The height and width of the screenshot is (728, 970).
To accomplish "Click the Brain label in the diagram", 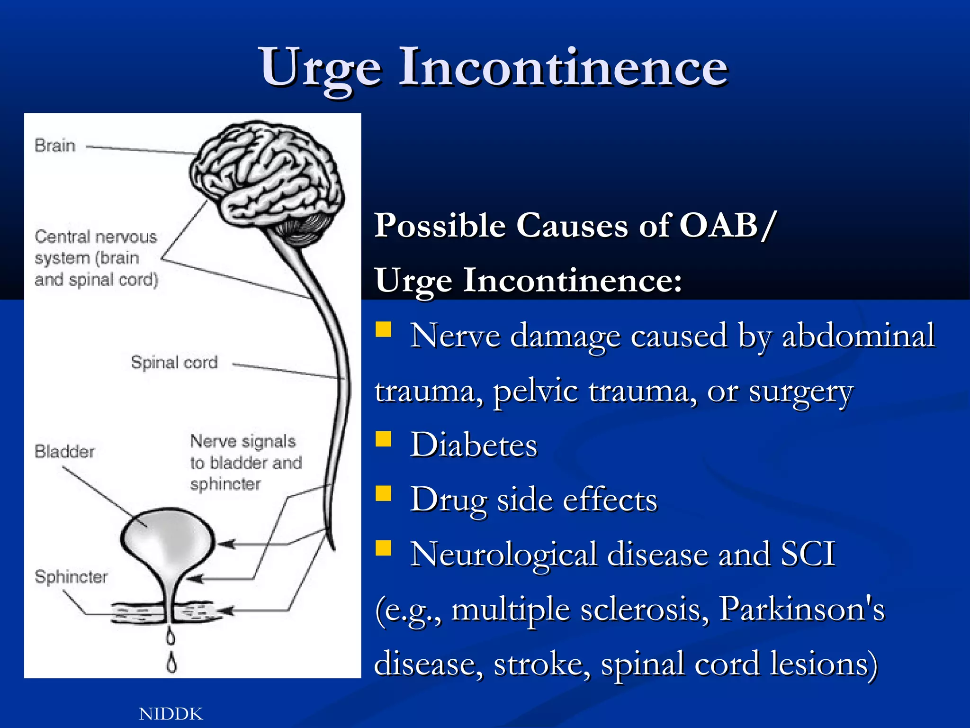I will [55, 146].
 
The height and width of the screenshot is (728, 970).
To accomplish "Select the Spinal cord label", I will [174, 363].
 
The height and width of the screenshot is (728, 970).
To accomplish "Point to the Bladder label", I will [64, 451].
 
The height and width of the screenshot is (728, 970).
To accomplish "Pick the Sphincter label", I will [71, 577].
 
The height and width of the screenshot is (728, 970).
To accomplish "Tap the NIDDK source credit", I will [171, 714].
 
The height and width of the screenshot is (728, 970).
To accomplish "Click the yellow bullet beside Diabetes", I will [383, 439].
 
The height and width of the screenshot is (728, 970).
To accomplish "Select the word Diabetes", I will [474, 446].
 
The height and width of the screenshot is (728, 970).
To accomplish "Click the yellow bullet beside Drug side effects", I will [383, 493].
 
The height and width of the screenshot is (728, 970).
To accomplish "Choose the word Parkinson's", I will [801, 609].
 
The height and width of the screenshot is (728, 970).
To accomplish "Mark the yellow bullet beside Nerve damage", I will [383, 329].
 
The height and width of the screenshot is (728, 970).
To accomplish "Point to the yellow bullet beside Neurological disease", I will [383, 548].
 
